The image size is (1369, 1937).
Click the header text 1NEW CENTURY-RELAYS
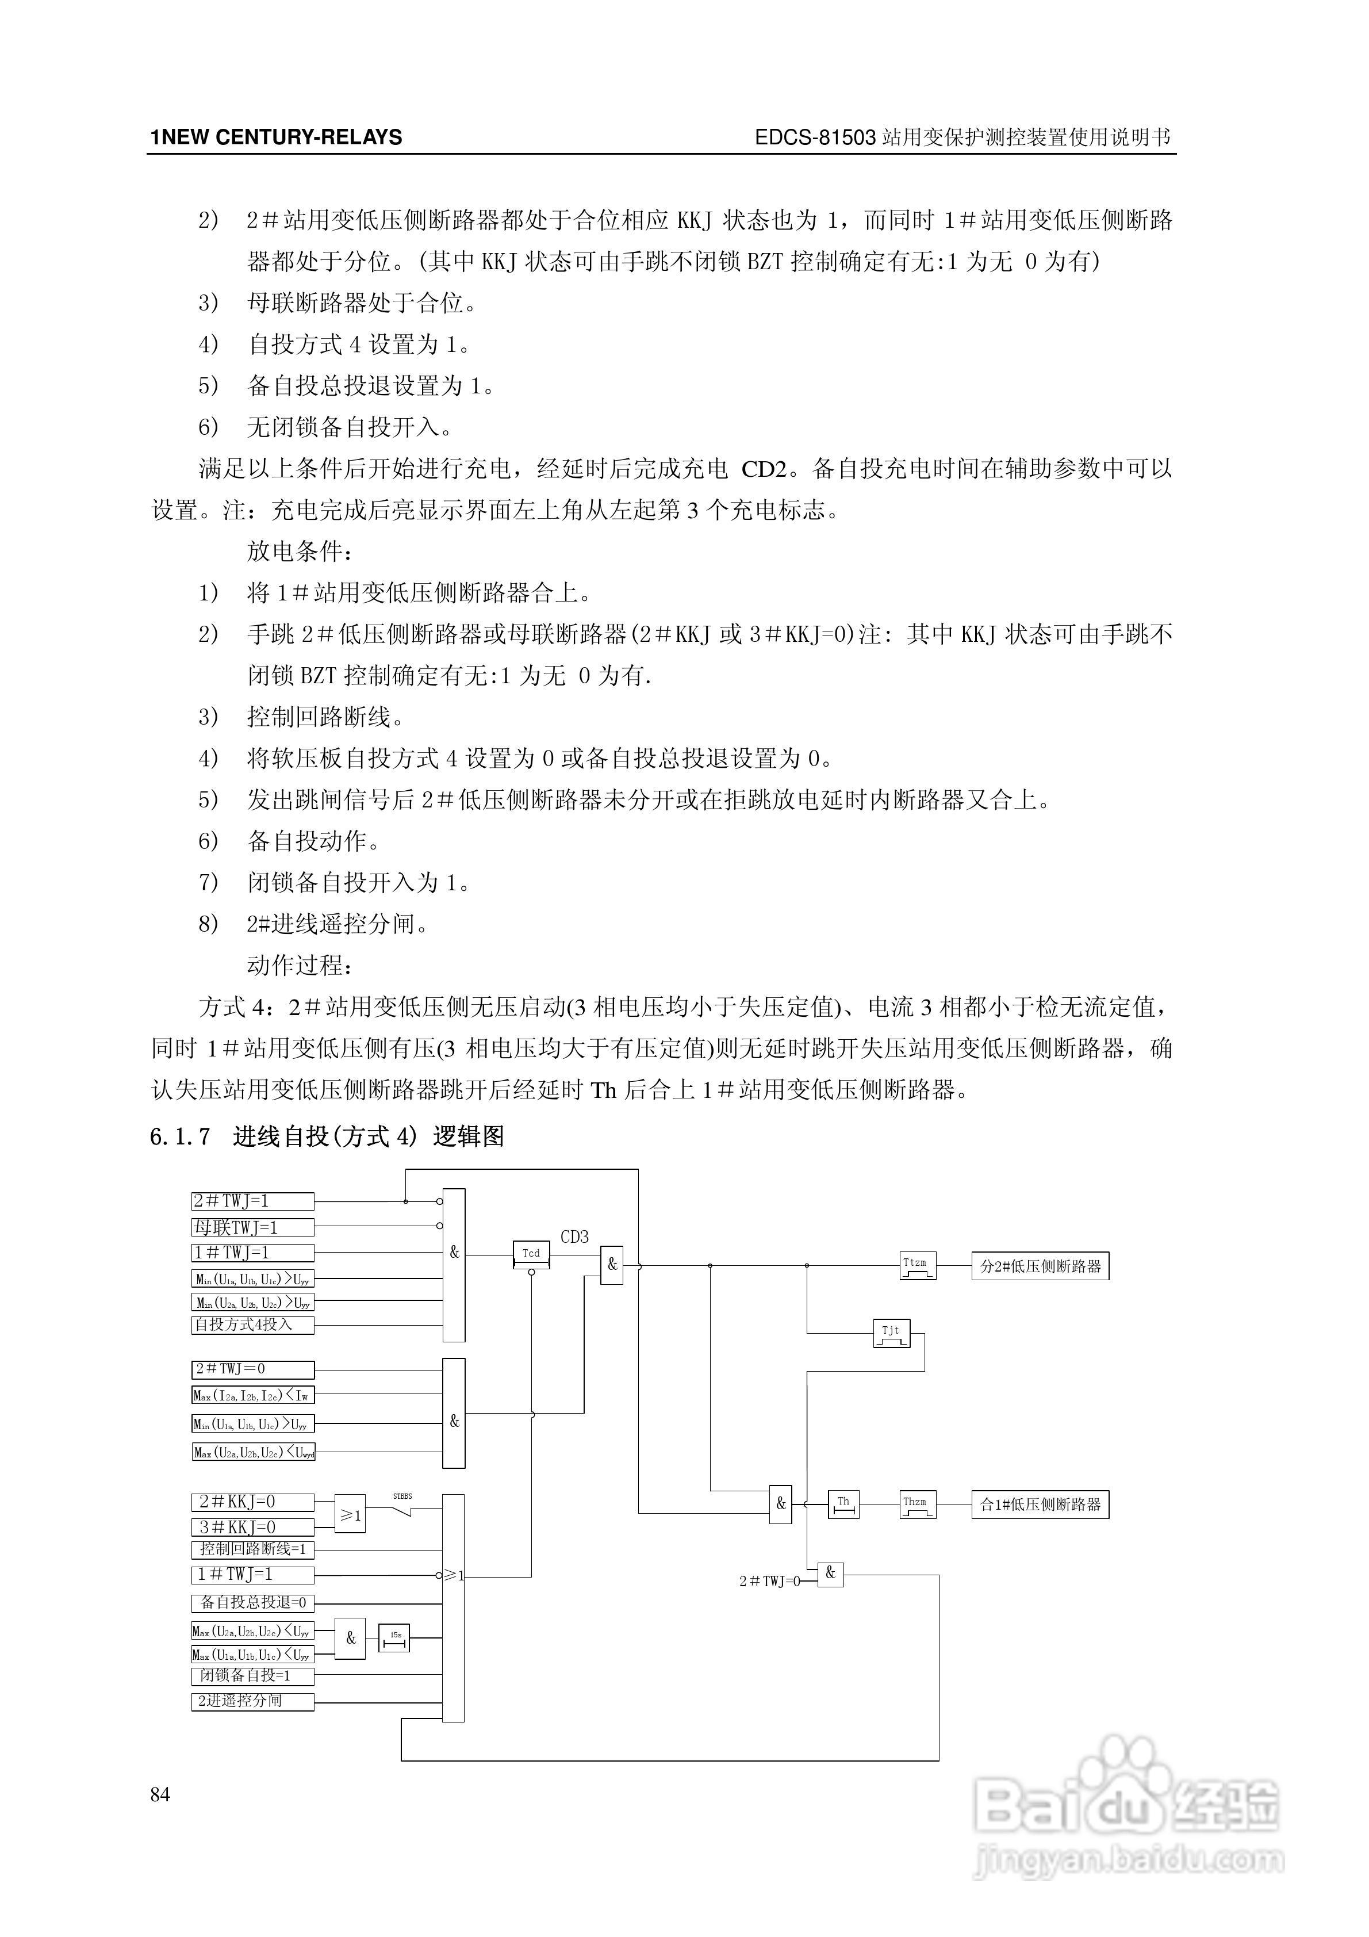(276, 137)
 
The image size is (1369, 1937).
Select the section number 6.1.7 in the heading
(179, 1136)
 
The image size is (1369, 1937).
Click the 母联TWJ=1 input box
(252, 1227)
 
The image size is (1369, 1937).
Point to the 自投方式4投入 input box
(252, 1324)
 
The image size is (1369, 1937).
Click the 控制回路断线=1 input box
(252, 1550)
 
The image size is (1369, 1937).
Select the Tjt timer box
(891, 1333)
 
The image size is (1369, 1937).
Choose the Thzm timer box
(918, 1504)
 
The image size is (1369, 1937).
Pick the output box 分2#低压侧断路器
(1040, 1266)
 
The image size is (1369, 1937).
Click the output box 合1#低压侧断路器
(1040, 1504)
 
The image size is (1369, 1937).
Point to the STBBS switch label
(402, 1496)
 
